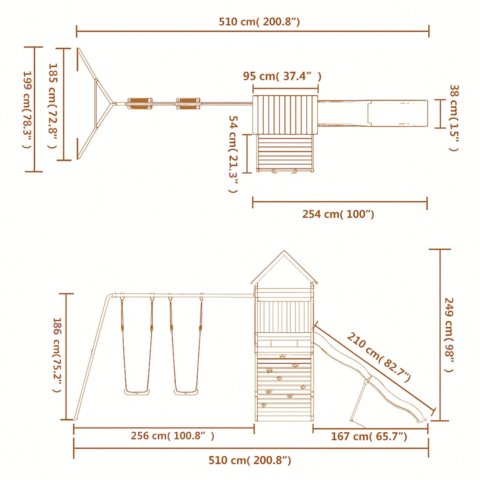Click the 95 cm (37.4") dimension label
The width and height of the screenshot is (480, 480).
(282, 76)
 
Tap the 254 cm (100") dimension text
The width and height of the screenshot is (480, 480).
(338, 214)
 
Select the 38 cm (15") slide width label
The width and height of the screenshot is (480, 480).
(454, 118)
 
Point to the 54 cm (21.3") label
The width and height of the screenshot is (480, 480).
(233, 154)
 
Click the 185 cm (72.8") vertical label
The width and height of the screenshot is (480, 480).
(53, 106)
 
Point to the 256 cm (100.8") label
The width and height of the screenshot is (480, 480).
(172, 435)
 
